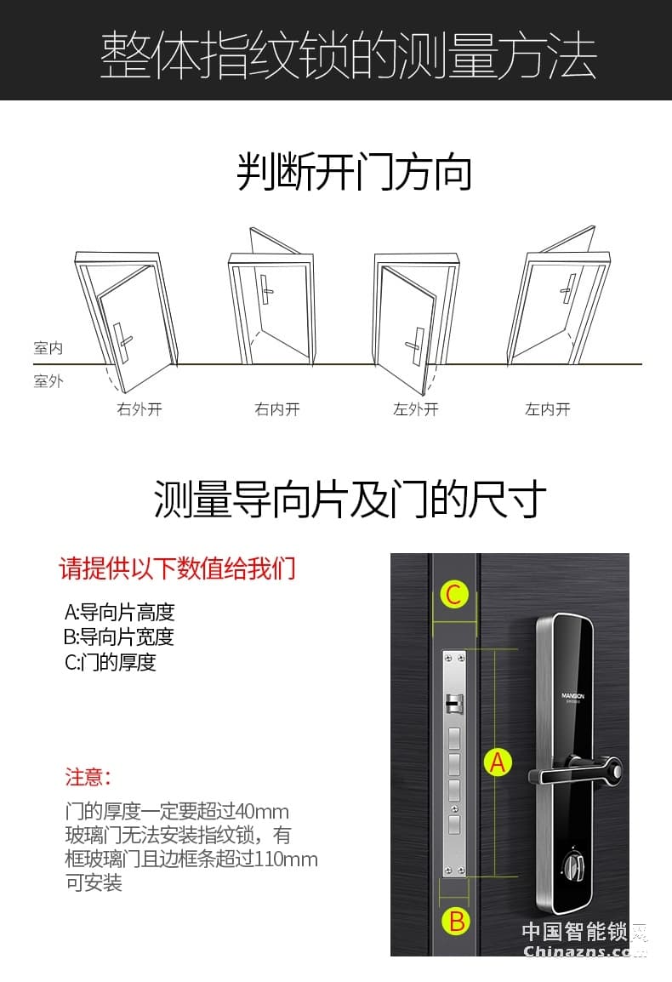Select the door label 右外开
point(140,409)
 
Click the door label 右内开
point(277,409)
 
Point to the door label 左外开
point(415,409)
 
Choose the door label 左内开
point(547,409)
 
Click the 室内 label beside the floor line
point(48,348)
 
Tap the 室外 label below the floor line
point(48,381)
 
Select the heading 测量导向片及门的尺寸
point(350,500)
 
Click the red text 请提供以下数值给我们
point(177,568)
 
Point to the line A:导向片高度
point(119,612)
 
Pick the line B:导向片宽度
point(119,637)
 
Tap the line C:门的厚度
point(111,662)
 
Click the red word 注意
point(88,777)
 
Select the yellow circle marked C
point(454,595)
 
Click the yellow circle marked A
point(498,762)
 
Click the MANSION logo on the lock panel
point(573,695)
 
